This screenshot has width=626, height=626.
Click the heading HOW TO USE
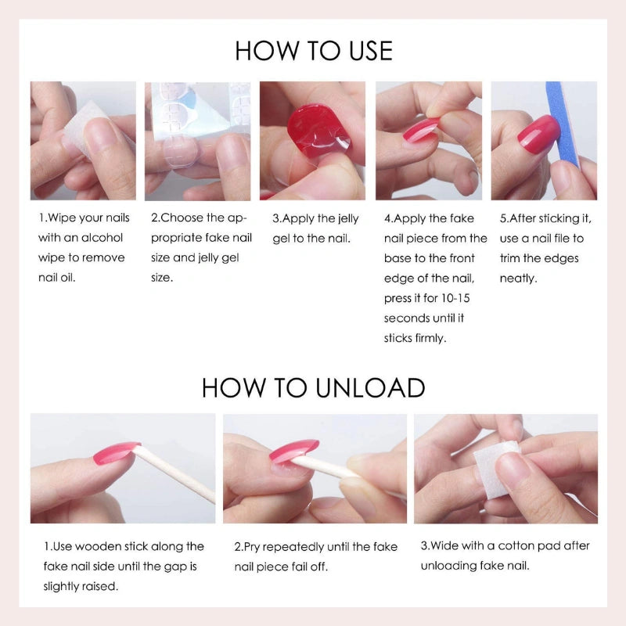[314, 51]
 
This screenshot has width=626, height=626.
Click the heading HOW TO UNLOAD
[314, 387]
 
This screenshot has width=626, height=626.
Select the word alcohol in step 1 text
[103, 238]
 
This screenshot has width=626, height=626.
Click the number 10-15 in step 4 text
[455, 298]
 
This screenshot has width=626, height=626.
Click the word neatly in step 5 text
[518, 279]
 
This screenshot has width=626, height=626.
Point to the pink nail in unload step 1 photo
[117, 453]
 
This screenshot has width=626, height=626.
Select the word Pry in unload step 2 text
[251, 547]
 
